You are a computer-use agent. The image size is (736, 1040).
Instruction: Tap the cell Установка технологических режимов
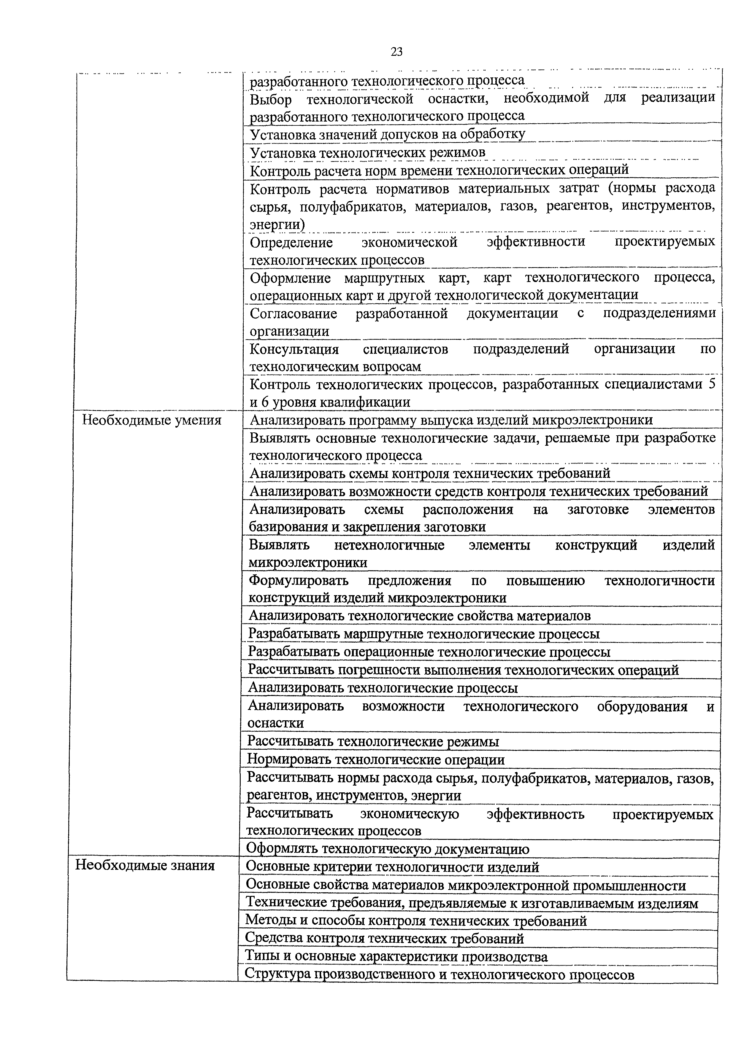tap(367, 152)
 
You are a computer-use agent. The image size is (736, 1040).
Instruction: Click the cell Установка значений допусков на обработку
tap(388, 134)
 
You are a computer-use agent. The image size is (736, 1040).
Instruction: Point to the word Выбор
tap(271, 99)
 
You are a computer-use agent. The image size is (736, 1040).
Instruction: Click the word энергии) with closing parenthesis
tap(277, 224)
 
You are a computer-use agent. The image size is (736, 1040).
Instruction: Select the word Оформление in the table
tap(290, 278)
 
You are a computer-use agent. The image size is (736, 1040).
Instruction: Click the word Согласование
tap(293, 313)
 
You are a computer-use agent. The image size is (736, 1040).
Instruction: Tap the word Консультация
tap(294, 349)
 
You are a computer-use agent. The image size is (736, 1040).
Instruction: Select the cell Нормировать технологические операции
tap(376, 760)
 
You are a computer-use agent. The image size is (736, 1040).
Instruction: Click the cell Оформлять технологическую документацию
tap(388, 849)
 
